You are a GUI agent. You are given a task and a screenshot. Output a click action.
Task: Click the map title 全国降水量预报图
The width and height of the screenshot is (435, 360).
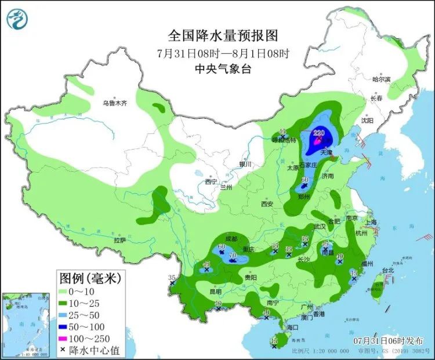(x=223, y=36)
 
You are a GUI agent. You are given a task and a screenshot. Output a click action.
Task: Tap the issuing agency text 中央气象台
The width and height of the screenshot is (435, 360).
(x=223, y=68)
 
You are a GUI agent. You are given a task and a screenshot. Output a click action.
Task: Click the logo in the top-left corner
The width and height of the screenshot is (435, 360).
(x=17, y=20)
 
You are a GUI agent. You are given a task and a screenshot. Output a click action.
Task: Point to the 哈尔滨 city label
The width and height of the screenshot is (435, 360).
(x=382, y=79)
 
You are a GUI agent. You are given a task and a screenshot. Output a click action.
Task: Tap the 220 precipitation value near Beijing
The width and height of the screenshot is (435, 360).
(x=318, y=133)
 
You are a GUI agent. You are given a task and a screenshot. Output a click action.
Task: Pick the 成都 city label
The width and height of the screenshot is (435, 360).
(x=231, y=238)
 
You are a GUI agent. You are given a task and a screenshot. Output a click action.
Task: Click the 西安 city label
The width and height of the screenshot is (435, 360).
(x=266, y=203)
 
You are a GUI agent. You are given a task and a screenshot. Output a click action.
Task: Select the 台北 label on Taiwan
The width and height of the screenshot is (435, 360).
(x=387, y=270)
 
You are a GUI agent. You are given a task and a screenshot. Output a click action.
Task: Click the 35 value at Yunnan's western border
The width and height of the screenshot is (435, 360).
(x=171, y=278)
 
